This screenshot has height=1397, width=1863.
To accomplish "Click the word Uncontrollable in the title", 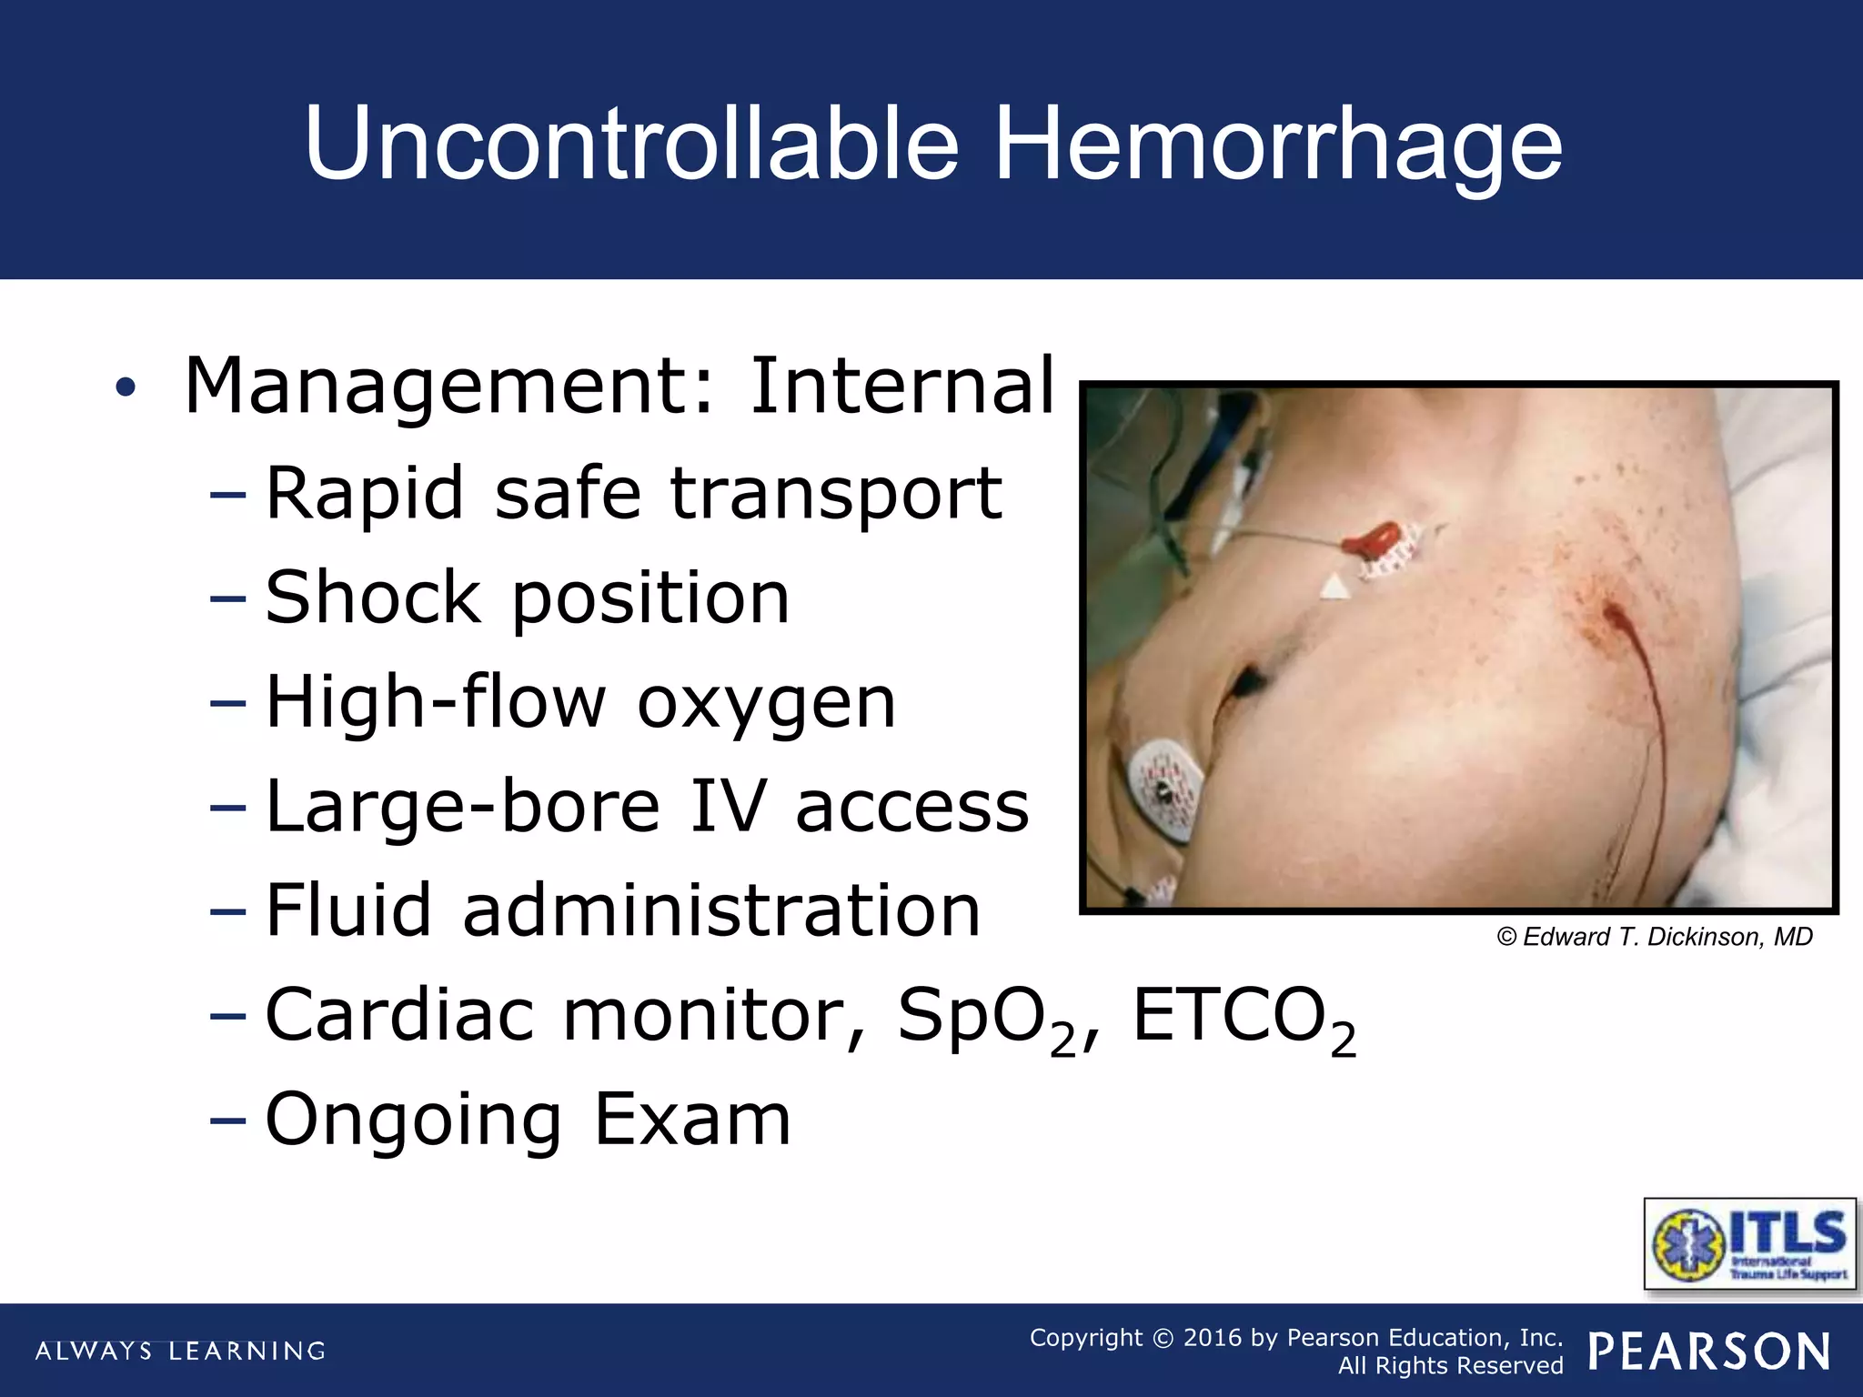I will tap(631, 144).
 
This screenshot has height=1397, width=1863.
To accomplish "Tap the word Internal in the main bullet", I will tap(901, 386).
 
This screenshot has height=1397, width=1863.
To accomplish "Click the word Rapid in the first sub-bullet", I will tap(364, 493).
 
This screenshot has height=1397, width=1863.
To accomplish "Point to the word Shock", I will tap(373, 598).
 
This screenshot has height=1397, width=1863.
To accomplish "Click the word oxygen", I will tap(766, 704).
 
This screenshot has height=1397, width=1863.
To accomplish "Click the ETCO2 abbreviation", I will tap(1243, 1017).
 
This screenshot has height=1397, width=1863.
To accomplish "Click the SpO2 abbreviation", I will tap(986, 1017).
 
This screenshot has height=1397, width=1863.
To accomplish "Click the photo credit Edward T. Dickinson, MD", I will tap(1654, 937).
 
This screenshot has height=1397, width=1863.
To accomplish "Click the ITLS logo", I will tap(1748, 1242).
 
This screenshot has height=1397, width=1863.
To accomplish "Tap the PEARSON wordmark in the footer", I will tap(1709, 1351).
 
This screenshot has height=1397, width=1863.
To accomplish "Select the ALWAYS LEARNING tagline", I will tap(180, 1351).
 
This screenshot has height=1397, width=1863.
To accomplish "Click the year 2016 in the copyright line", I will tap(1213, 1337).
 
